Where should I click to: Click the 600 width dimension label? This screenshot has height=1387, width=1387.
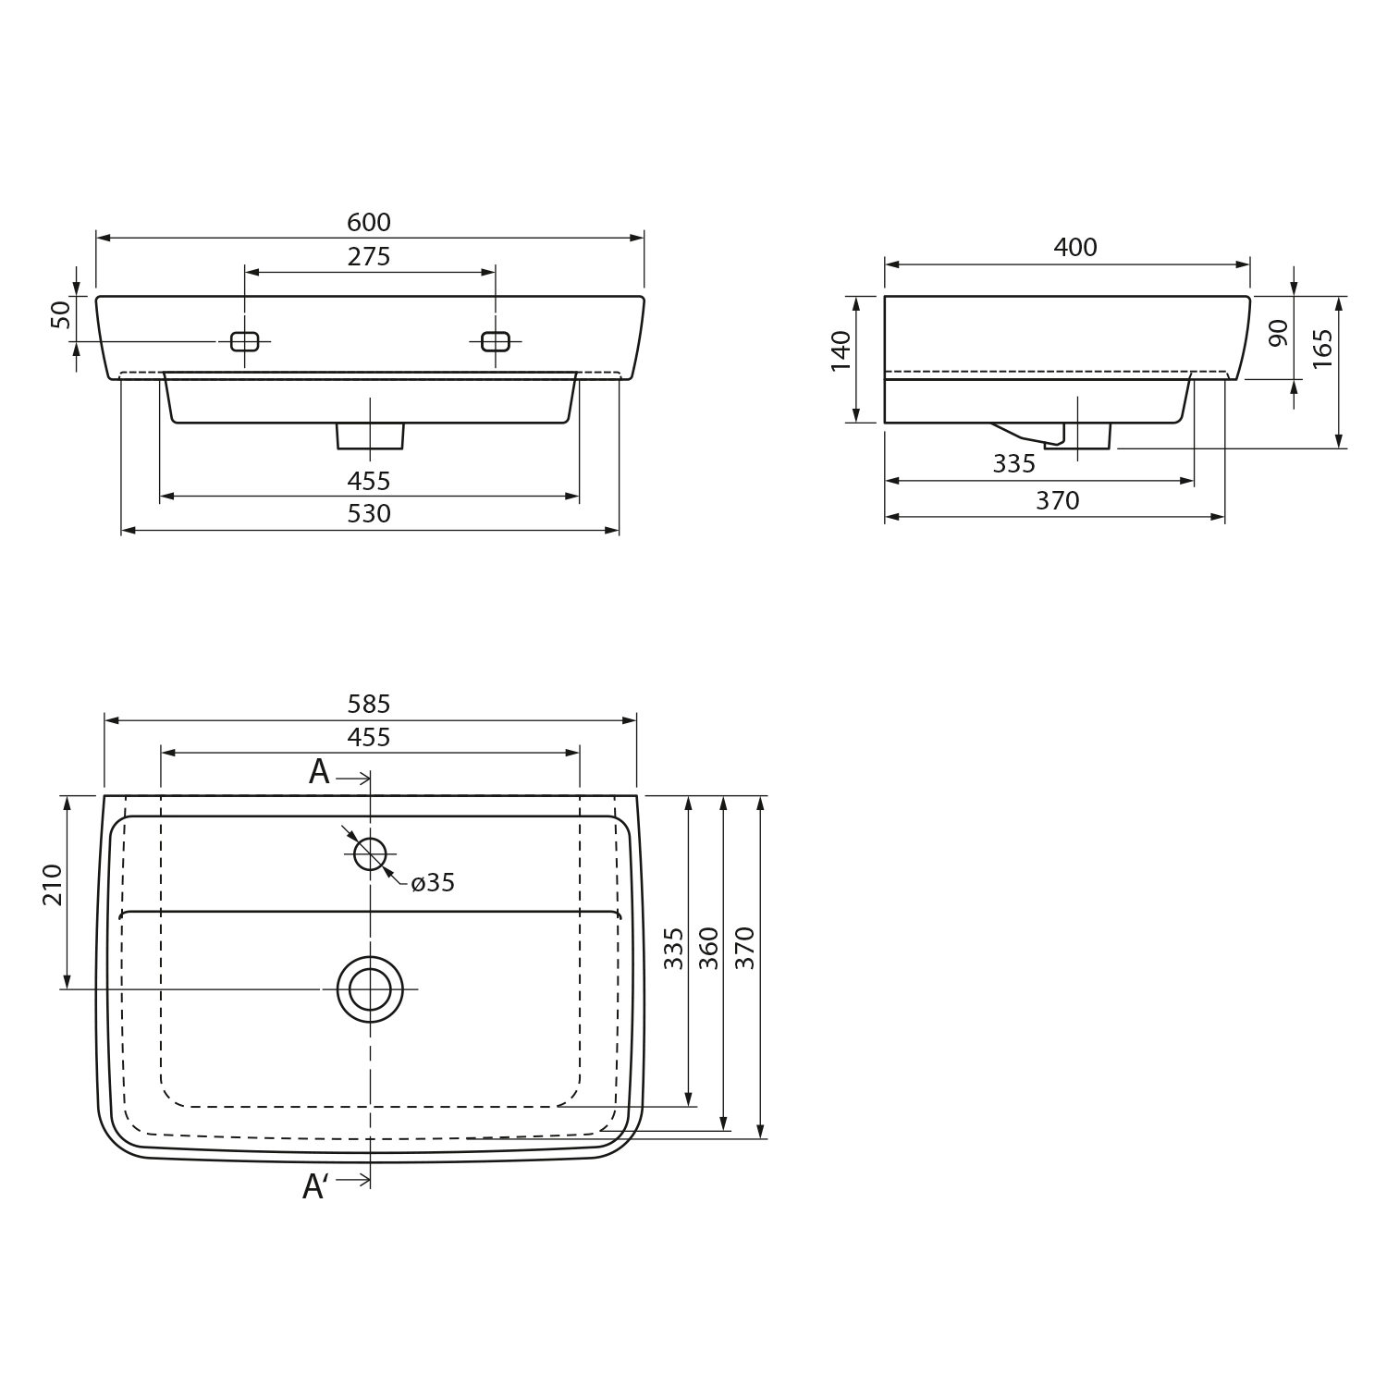point(369,223)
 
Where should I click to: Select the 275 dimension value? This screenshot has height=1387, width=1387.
point(369,257)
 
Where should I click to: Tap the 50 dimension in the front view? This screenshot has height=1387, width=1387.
point(61,314)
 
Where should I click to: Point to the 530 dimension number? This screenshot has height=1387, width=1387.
point(369,514)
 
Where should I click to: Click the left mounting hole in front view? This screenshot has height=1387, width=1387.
point(244,341)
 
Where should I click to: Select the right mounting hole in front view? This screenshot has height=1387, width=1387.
point(496,341)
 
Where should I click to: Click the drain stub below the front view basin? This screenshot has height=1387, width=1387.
point(370,436)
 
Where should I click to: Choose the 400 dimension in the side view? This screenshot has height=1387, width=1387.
point(1075,248)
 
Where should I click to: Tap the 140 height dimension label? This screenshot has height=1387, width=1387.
point(841,351)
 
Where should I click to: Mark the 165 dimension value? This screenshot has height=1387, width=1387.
point(1323,349)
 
